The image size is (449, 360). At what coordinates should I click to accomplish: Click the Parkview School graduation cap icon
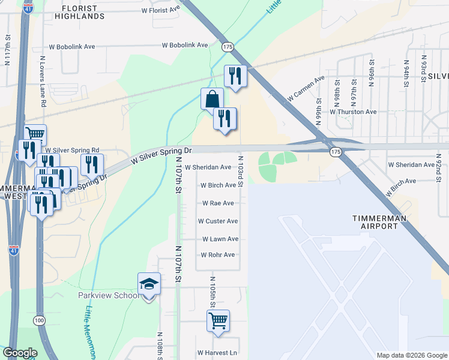149,284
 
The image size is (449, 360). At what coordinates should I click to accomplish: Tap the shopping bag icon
212,99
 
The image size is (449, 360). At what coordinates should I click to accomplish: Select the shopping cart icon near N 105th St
218,320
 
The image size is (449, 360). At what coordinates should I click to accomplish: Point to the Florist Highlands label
84,12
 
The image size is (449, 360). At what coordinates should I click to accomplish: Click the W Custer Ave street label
218,221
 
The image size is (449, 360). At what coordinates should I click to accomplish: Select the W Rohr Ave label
217,255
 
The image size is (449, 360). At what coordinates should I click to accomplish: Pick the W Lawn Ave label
220,239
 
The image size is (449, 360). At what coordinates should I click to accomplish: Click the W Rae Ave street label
218,203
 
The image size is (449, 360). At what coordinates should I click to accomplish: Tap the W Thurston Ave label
353,112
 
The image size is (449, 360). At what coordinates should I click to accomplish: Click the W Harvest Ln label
217,353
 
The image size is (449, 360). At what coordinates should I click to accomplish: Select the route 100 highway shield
40,321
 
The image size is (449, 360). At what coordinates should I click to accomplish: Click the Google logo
20,353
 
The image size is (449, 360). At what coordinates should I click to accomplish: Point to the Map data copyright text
411,355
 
